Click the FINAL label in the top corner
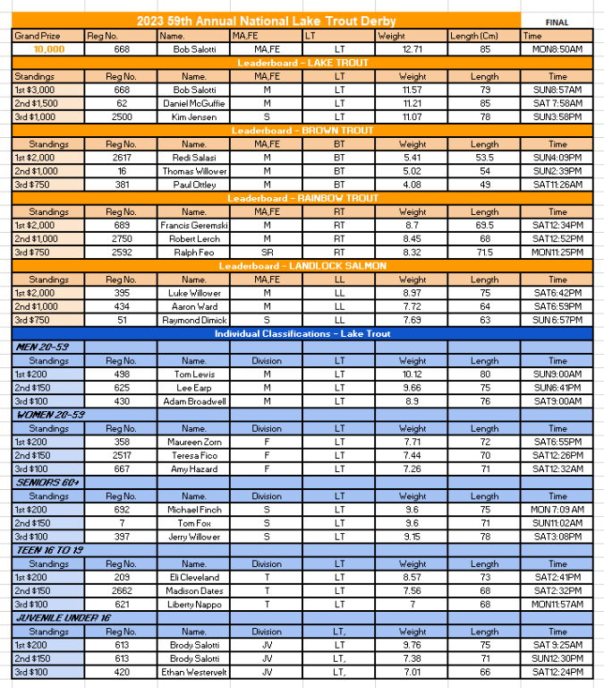[556, 21]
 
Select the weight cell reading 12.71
[412, 49]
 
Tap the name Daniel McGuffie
[194, 103]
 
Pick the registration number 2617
[121, 158]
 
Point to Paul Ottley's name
[194, 185]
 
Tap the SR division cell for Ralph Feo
[267, 253]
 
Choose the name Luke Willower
[194, 293]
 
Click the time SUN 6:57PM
[557, 320]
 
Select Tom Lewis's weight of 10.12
[412, 374]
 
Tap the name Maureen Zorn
[194, 443]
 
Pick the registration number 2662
[121, 591]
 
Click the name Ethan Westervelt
[194, 672]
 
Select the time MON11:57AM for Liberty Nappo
[557, 605]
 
